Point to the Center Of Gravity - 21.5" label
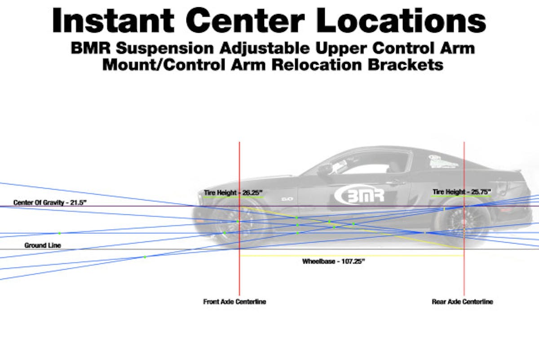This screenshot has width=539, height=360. [50, 202]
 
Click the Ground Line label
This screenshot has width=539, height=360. [42, 245]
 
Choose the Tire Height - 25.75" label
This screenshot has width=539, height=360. [462, 192]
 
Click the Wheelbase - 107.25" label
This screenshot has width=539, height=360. [333, 261]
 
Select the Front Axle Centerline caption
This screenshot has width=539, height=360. [234, 302]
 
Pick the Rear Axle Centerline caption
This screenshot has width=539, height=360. [462, 302]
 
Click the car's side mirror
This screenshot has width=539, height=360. [323, 170]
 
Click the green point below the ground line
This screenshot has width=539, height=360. [145, 257]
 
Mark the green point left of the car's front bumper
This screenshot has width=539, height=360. [59, 233]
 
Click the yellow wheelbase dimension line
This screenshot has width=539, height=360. [350, 256]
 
